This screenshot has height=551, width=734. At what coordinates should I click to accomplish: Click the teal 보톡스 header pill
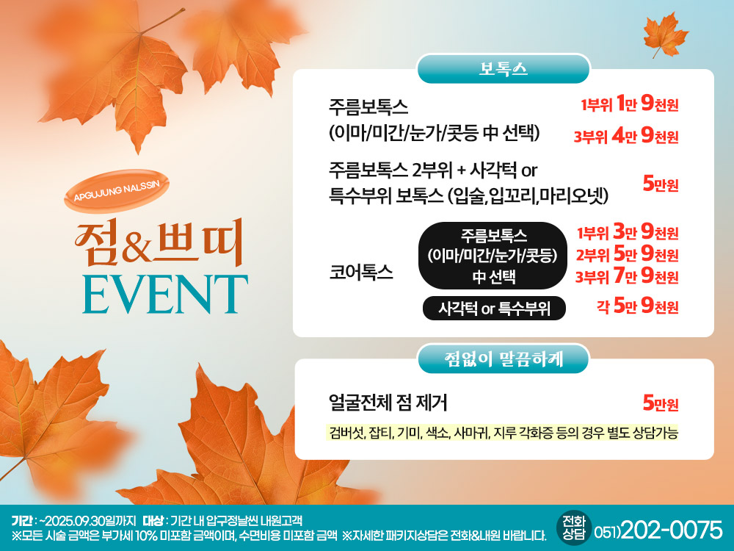(504, 69)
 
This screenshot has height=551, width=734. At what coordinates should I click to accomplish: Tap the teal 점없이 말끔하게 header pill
(504, 359)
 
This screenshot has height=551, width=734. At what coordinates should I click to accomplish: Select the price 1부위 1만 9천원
(630, 104)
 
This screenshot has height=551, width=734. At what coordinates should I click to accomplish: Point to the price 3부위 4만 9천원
(626, 136)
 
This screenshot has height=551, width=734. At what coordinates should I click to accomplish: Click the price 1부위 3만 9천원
(628, 232)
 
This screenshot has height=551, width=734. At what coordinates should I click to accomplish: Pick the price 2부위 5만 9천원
(628, 254)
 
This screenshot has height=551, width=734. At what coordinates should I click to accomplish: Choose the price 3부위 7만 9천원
(628, 276)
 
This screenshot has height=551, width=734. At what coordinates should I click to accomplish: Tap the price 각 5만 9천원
(638, 306)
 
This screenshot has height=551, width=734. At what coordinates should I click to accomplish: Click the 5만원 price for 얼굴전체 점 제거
(661, 403)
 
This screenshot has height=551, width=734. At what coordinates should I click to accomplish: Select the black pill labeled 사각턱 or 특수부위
(494, 309)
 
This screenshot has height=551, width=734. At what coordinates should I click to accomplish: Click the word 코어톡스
(361, 273)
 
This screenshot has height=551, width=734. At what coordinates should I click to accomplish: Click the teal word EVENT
(165, 294)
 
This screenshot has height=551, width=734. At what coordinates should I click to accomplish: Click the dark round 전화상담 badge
(574, 528)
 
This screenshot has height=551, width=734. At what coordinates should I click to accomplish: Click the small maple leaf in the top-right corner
(665, 35)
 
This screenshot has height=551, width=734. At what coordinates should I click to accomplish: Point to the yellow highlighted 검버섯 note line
(502, 433)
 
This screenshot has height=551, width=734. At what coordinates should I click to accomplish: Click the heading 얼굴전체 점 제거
(388, 403)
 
